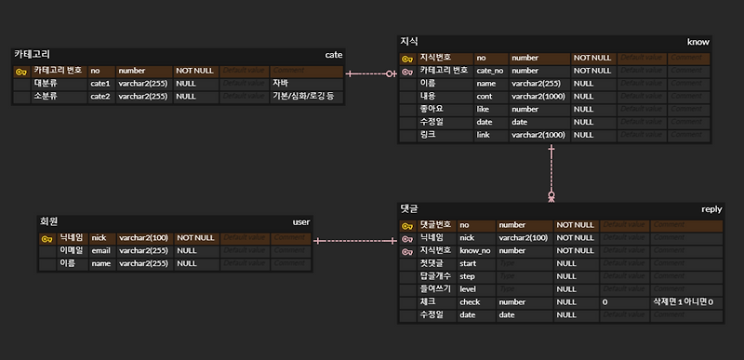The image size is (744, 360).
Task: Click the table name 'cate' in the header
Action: tap(333, 55)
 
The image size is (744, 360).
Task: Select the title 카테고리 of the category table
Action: tap(33, 55)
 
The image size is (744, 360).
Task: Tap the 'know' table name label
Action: tap(697, 42)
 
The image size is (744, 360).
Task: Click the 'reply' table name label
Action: tap(711, 209)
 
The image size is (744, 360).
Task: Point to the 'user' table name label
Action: tap(301, 222)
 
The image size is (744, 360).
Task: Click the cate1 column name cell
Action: tap(100, 83)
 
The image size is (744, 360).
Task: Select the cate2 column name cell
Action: tap(100, 96)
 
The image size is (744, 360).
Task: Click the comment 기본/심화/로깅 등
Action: tap(303, 96)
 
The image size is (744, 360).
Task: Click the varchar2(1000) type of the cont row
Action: tap(538, 96)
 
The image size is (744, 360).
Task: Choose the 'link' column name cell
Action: tap(485, 135)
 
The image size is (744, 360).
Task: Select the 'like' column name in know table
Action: tap(485, 109)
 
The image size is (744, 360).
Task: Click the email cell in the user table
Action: tap(101, 250)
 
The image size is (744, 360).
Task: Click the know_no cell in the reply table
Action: tap(475, 250)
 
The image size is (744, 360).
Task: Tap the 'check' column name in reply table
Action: tap(470, 302)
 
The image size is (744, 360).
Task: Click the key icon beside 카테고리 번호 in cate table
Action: tap(20, 70)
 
